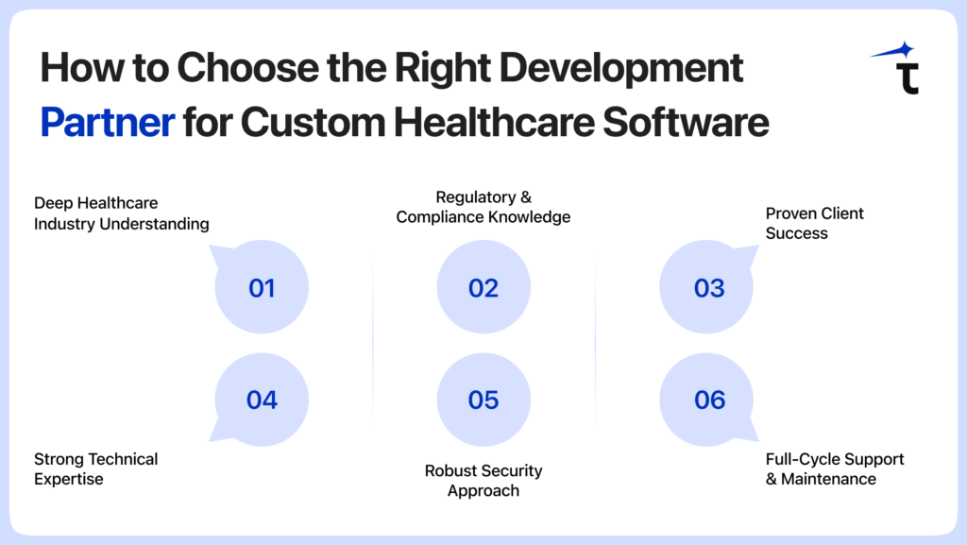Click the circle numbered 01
pos(262,287)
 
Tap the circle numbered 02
pos(483,287)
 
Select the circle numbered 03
pos(708,287)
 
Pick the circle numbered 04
pos(262,400)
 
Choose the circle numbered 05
pos(483,400)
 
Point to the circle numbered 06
pos(708,400)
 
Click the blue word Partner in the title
pos(107,123)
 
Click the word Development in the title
pos(629,68)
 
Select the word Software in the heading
pos(690,123)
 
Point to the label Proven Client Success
pos(814,223)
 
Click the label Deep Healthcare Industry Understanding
pos(121,213)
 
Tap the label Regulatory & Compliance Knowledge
pos(483,207)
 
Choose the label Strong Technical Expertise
pos(95,468)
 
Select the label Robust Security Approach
pos(483,480)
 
